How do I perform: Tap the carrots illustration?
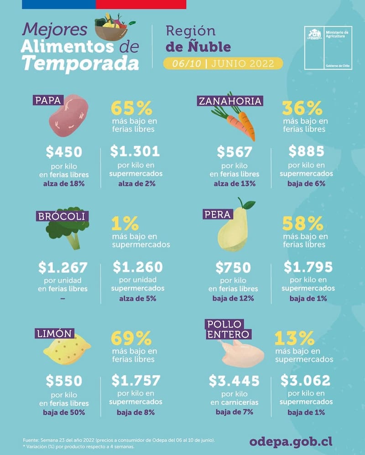(235, 122)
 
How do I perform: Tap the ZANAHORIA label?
(230, 101)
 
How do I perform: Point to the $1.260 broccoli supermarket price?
(138, 267)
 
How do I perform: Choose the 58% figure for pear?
(302, 224)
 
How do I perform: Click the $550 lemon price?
(64, 381)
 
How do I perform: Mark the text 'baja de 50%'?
(64, 413)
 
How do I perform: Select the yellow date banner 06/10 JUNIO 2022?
(223, 63)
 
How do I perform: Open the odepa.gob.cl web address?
(291, 441)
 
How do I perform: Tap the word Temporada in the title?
(80, 63)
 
